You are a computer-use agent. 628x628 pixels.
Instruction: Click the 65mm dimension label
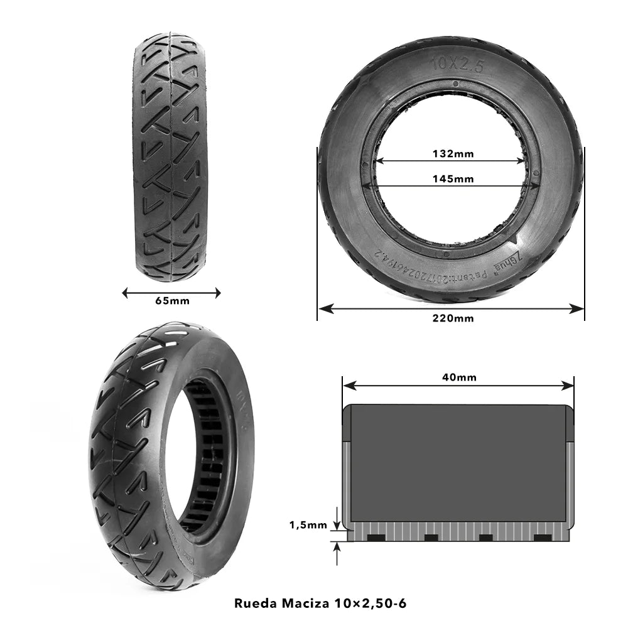(172, 301)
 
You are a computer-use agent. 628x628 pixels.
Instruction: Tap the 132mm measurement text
(453, 153)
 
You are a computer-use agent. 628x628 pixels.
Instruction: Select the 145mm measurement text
(453, 178)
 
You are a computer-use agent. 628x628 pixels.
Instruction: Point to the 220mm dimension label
(453, 318)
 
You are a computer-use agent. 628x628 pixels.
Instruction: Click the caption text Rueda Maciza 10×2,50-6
(320, 604)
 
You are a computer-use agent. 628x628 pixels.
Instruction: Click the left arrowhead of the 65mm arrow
(125, 292)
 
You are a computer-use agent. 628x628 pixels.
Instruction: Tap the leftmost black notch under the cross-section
(376, 538)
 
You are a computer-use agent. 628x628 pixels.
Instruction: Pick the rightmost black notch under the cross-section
(542, 538)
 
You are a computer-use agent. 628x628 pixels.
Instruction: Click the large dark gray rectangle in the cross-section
(458, 463)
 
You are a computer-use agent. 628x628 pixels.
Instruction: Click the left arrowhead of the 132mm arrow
(379, 161)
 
